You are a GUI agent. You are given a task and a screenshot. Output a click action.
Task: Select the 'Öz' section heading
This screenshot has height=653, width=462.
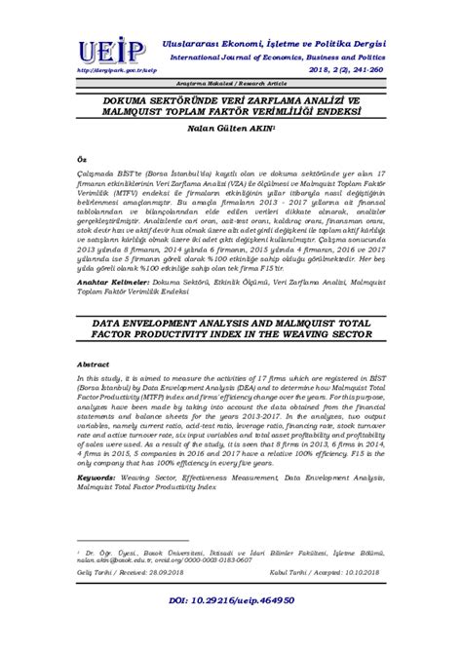(81, 182)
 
